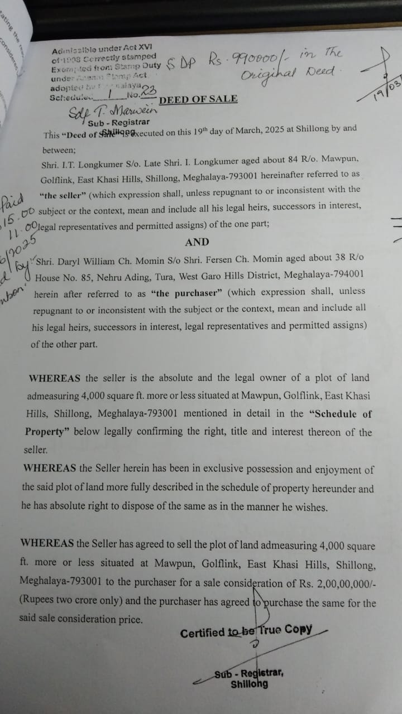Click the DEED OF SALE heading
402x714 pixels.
coord(198,99)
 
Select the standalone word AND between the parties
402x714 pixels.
coord(197,242)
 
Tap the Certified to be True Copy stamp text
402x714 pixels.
coord(246,631)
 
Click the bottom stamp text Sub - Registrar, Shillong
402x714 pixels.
coord(249,678)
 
